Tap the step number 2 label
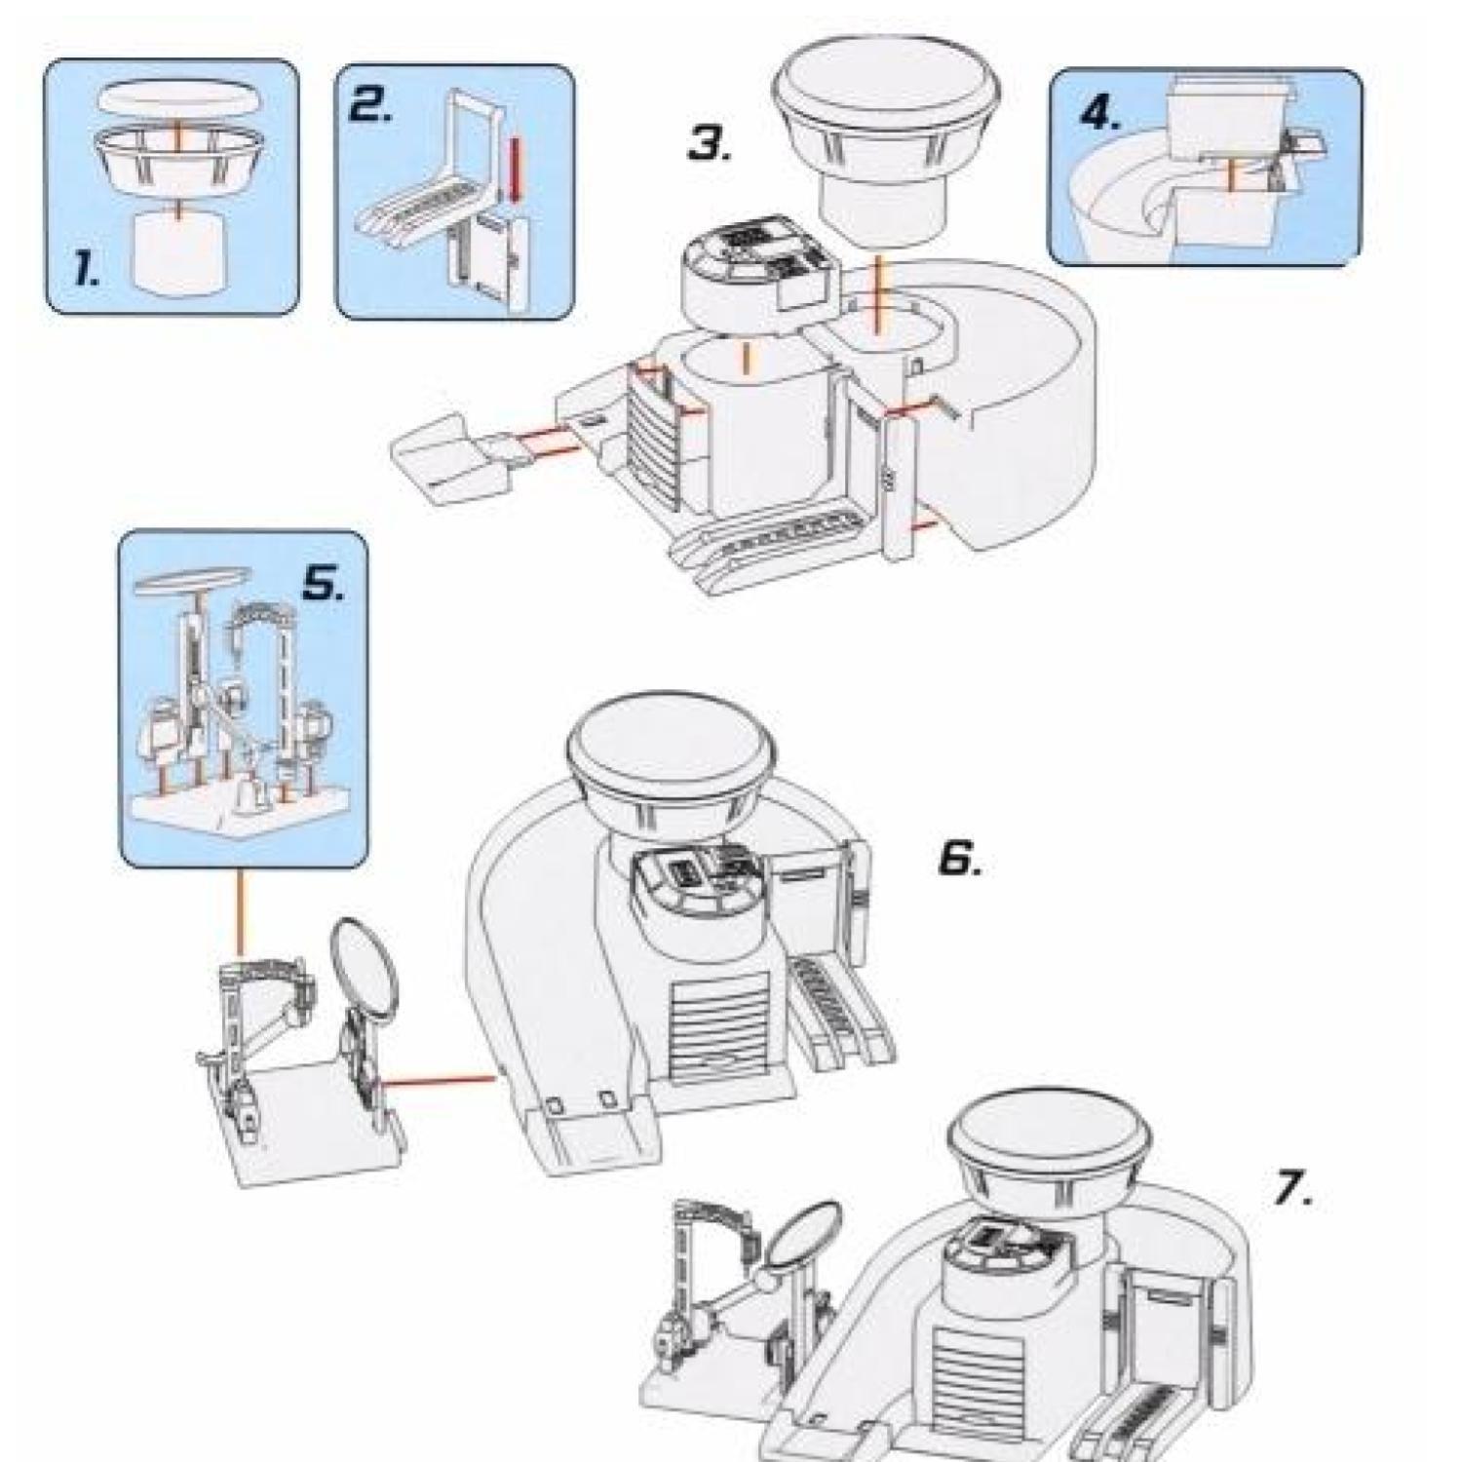tap(370, 105)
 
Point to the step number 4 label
tap(1099, 115)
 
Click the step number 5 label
tap(322, 585)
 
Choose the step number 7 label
tap(1293, 1188)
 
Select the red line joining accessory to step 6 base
tap(439, 1079)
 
